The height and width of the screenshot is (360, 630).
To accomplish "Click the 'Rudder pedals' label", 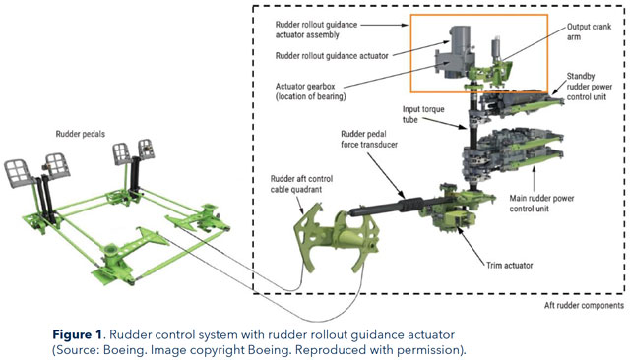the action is pyautogui.click(x=81, y=134).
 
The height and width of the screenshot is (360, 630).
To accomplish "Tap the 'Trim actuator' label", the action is pyautogui.click(x=510, y=266).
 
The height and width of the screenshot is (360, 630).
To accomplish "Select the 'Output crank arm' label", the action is pyautogui.click(x=589, y=31).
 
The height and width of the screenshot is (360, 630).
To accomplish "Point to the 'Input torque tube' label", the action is pyautogui.click(x=423, y=114).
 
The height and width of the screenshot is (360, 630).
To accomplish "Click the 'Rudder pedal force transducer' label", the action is pyautogui.click(x=369, y=139).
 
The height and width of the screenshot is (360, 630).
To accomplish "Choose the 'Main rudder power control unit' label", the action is pyautogui.click(x=541, y=203).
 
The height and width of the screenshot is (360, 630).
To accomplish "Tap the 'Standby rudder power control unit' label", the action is pyautogui.click(x=590, y=87).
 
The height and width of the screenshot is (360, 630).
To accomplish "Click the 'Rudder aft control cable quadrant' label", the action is pyautogui.click(x=301, y=184).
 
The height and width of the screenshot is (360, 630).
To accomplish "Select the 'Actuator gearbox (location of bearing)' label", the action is pyautogui.click(x=311, y=91).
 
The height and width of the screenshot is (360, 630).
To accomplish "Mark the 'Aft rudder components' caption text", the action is pyautogui.click(x=584, y=306).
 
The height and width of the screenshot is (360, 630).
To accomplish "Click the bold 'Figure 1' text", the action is pyautogui.click(x=78, y=334).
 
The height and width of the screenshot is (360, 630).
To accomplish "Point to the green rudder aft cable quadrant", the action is pyautogui.click(x=337, y=238).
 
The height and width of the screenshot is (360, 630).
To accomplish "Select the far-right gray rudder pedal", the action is pyautogui.click(x=147, y=150).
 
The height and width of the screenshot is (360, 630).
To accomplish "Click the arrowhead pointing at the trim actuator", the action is pyautogui.click(x=459, y=233).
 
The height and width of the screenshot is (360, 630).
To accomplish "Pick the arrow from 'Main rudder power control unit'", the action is pyautogui.click(x=534, y=179).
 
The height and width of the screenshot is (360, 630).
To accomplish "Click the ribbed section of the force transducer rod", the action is pyautogui.click(x=410, y=205).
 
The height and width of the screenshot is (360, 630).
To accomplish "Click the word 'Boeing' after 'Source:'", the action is pyautogui.click(x=124, y=350).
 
